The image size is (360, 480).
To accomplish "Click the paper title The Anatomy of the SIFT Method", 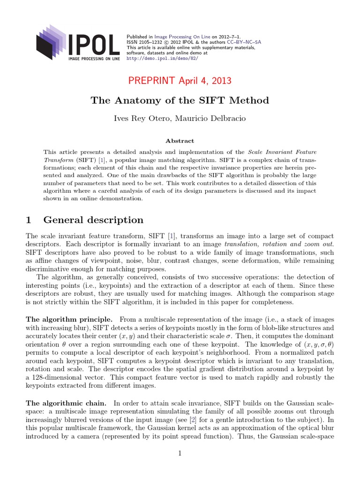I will tap(180, 100).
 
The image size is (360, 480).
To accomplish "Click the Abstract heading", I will tap(180, 141).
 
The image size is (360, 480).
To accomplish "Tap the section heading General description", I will tap(93, 220).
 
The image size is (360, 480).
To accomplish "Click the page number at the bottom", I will tap(180, 453).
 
